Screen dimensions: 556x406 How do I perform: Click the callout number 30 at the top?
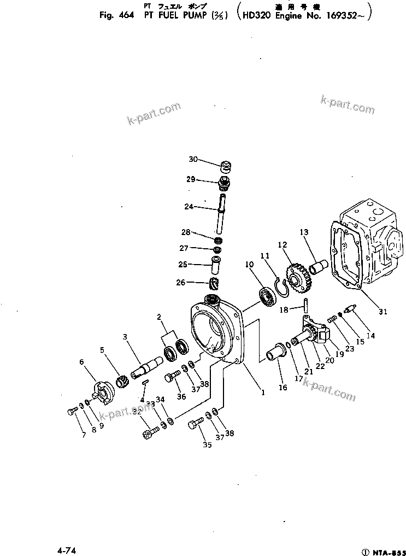pyautogui.click(x=192, y=160)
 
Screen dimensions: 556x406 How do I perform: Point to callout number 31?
pyautogui.click(x=383, y=312)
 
